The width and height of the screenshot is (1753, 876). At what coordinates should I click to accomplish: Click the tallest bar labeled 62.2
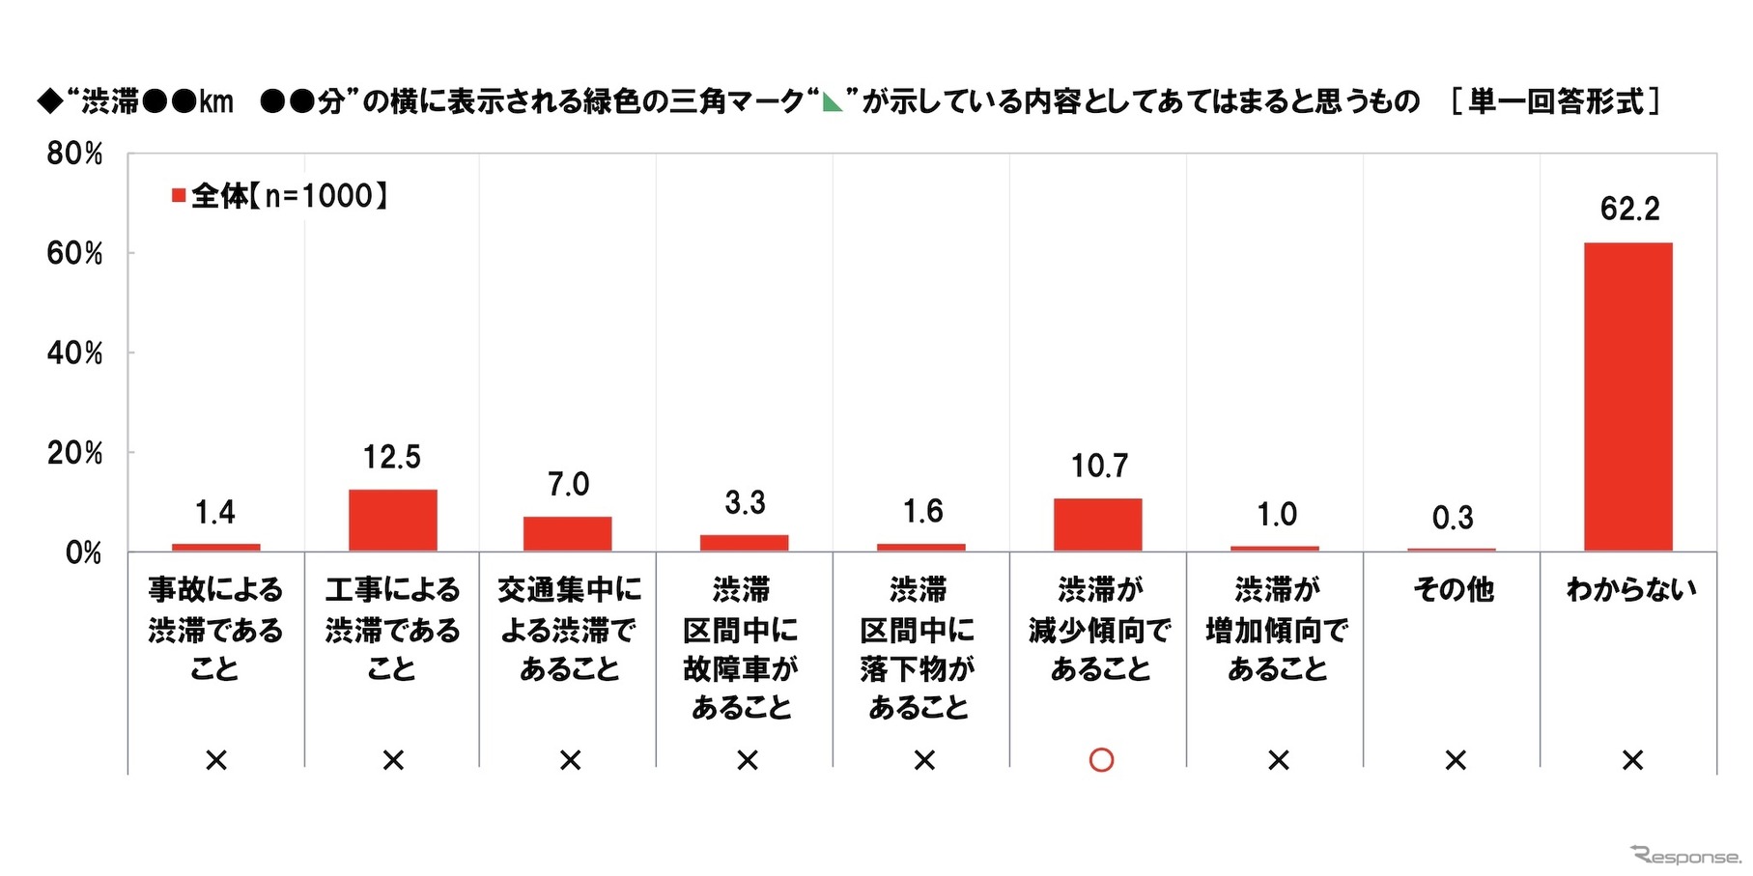coord(1627,396)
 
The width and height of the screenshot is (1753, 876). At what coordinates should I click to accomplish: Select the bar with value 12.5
coord(392,521)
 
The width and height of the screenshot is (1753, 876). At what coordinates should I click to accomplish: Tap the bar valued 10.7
coord(1097,524)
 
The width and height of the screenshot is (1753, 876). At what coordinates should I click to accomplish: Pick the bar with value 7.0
coord(568,533)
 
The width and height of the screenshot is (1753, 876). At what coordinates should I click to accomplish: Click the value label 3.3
coord(745,502)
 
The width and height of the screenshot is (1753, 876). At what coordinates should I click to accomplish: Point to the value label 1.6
coord(922,511)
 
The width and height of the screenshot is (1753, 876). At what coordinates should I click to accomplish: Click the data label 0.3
coord(1453,518)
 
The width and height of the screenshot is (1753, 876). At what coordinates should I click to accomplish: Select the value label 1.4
coord(214,512)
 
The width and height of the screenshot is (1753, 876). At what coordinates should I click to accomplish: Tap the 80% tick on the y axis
coord(74,154)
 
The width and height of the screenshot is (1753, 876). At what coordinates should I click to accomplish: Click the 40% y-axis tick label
coord(74,353)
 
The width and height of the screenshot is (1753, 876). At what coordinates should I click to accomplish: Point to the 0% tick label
coord(83,552)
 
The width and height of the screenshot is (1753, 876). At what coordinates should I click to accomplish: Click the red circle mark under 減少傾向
coord(1101,760)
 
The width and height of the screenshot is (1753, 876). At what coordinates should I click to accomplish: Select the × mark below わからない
coord(1632,760)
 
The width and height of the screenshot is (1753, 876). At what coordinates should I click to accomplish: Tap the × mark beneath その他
coord(1455,760)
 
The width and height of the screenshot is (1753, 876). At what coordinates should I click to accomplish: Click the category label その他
coord(1454,589)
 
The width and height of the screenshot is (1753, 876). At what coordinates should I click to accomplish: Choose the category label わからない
coord(1630,589)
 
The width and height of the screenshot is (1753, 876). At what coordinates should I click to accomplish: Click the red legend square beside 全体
coord(179,196)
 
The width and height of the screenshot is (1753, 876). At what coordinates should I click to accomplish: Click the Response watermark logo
coord(1684,856)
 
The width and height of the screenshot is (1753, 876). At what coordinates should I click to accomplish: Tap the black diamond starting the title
coord(49,101)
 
